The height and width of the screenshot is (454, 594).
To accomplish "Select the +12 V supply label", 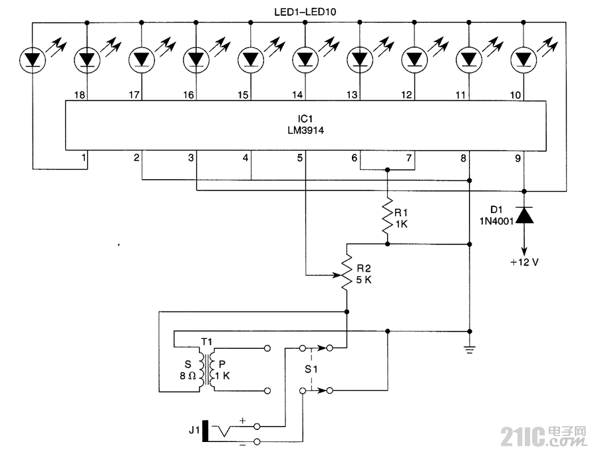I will click(x=524, y=262).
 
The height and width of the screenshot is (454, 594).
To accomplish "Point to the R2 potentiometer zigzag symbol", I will click(x=347, y=273).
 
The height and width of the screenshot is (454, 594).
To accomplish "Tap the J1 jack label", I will click(x=194, y=431).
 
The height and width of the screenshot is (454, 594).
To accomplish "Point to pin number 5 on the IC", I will click(x=300, y=158).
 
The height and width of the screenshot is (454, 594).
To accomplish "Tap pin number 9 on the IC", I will click(x=518, y=158).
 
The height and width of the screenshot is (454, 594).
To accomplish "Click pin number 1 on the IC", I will click(x=83, y=158).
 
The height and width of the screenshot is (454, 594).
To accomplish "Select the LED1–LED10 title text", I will click(x=304, y=11).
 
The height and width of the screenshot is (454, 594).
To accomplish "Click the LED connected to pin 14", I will click(x=305, y=59).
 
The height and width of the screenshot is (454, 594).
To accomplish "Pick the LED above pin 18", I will click(x=86, y=59).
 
